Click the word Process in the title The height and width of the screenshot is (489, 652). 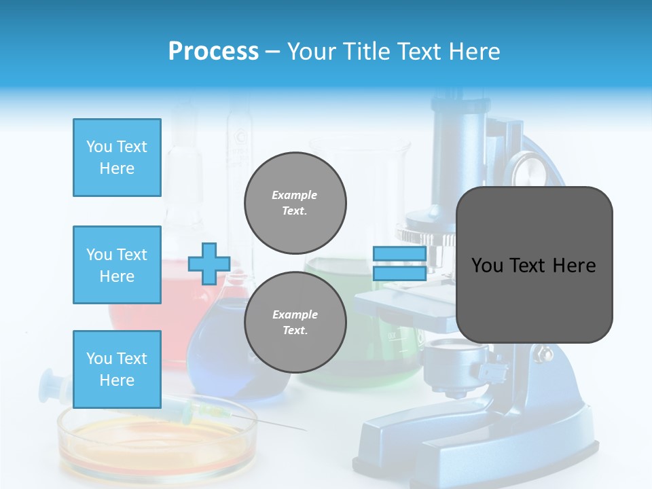click(213, 51)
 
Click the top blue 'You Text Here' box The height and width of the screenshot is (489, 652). click(117, 158)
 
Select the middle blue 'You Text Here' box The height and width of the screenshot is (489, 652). click(117, 265)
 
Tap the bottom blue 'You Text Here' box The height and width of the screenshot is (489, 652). click(117, 369)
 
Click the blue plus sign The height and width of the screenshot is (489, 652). click(209, 264)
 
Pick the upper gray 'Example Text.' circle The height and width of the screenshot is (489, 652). click(295, 202)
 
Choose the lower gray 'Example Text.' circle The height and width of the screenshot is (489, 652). click(295, 322)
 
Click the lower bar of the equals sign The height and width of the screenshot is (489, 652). click(399, 273)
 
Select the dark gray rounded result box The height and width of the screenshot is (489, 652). click(534, 265)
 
